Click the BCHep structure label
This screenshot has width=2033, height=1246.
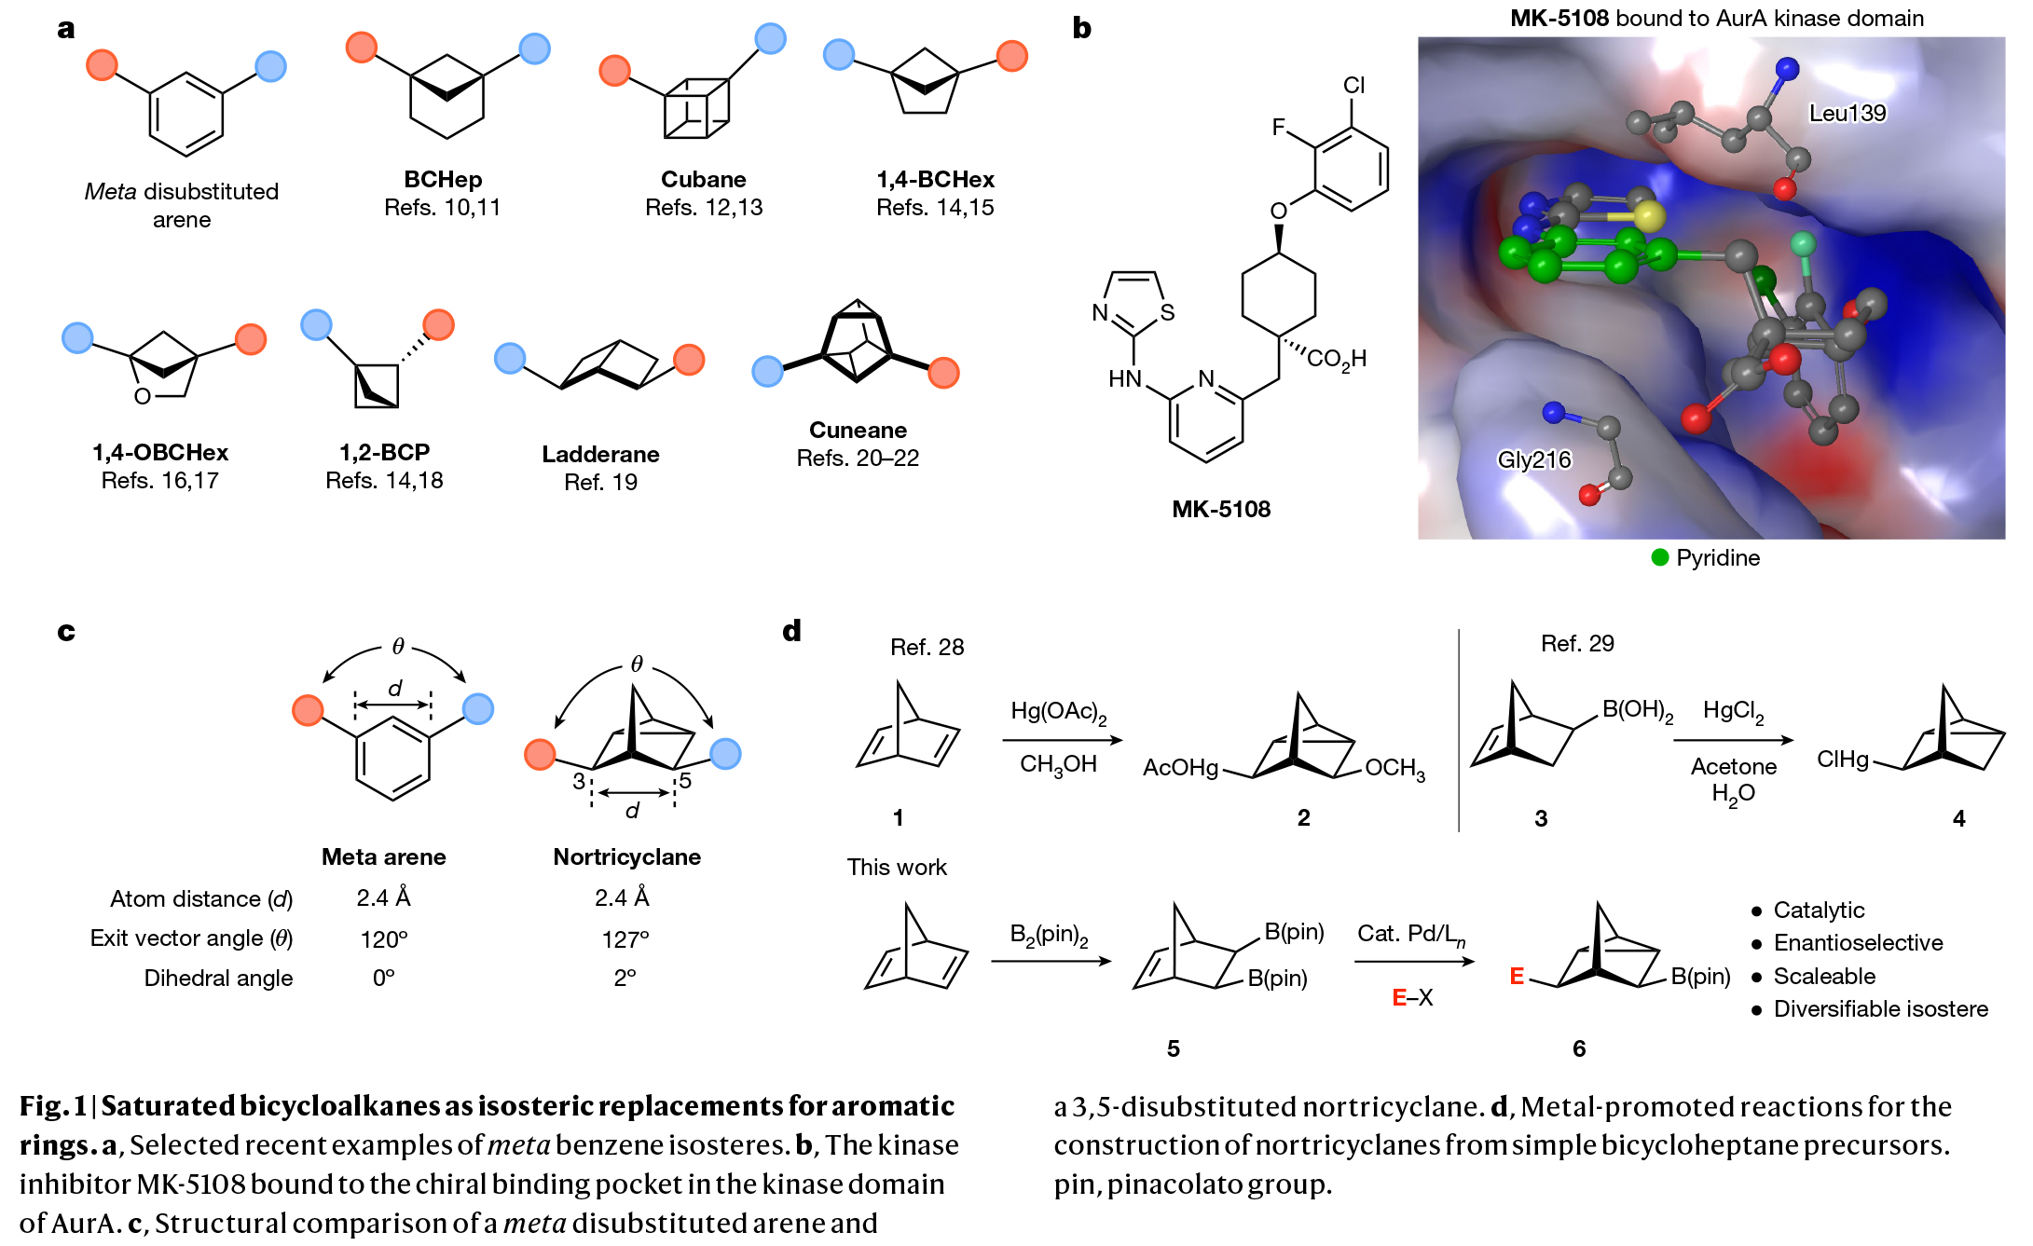(x=443, y=179)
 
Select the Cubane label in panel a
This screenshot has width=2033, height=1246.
(x=703, y=179)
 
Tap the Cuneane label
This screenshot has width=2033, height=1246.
(x=858, y=430)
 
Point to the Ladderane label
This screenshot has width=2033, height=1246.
(x=600, y=454)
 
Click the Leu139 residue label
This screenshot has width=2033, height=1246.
(x=1847, y=113)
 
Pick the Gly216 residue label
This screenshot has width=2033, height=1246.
(x=1533, y=459)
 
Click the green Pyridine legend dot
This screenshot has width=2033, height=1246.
(x=1659, y=557)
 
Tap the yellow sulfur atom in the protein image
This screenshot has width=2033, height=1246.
(x=1648, y=216)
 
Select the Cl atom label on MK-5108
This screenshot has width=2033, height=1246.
(x=1353, y=85)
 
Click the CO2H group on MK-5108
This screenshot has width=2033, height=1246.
(x=1336, y=359)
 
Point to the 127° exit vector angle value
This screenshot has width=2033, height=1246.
(x=625, y=939)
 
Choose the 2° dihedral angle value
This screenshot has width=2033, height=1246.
(x=625, y=978)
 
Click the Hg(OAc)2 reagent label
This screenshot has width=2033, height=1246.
(x=1058, y=712)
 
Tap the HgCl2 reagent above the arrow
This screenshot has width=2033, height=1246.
(x=1733, y=711)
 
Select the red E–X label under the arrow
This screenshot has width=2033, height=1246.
(x=1412, y=998)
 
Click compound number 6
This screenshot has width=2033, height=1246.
(x=1578, y=1048)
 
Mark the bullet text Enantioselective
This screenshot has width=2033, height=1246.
(x=1858, y=943)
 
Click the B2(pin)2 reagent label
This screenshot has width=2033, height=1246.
(x=1049, y=935)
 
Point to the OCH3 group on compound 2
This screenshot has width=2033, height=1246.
(x=1394, y=769)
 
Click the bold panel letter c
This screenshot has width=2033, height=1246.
(x=65, y=631)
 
